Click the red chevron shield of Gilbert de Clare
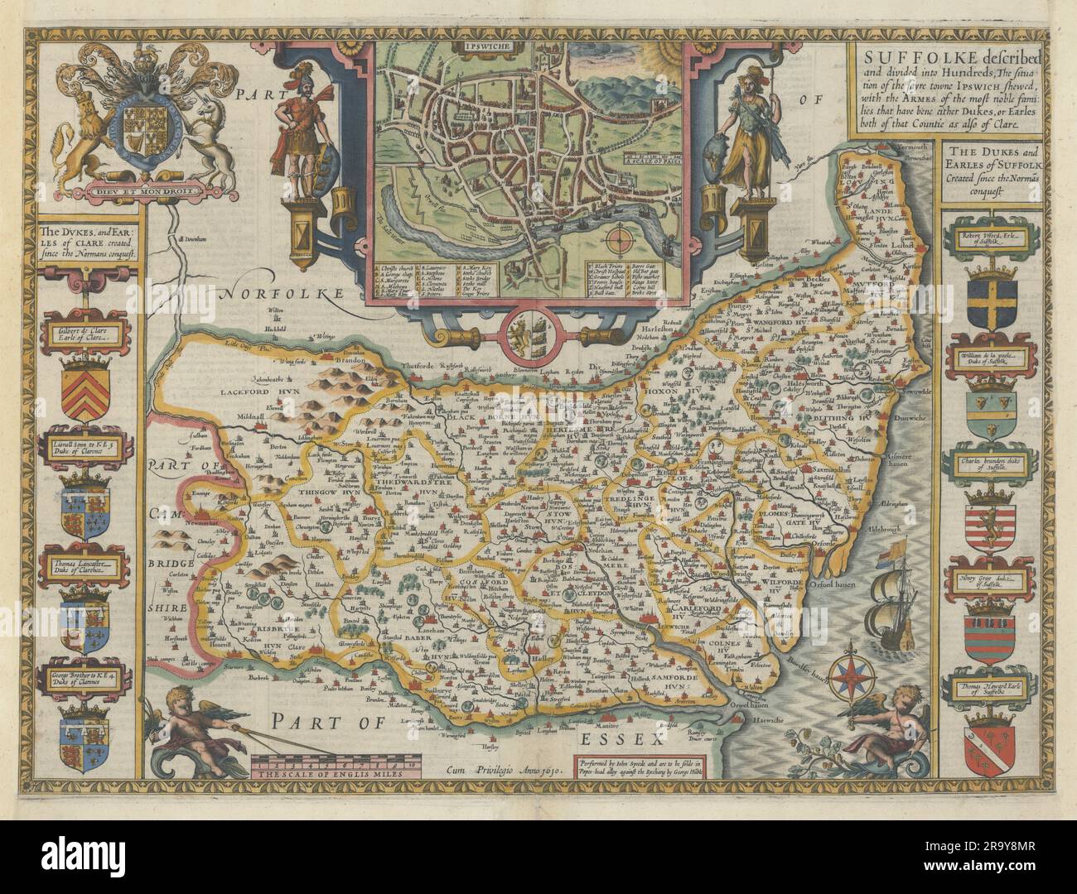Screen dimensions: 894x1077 coord(85,387)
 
